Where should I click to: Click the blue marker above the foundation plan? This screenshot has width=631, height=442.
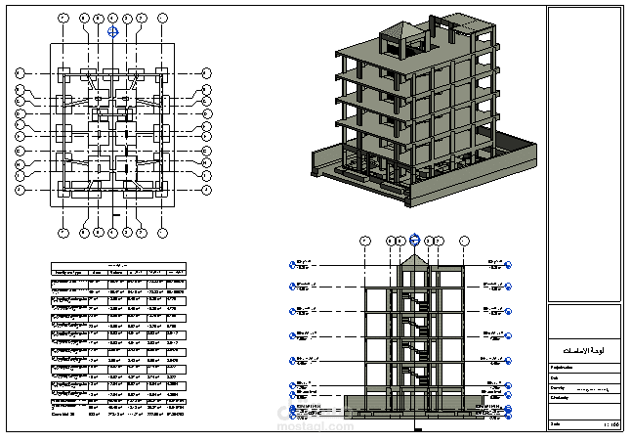click(x=113, y=31)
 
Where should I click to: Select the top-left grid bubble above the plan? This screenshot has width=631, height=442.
click(x=63, y=18)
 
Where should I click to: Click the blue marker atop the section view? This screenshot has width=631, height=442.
click(x=414, y=239)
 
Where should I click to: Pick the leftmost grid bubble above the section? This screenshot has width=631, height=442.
click(x=364, y=240)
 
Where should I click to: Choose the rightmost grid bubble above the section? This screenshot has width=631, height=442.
click(x=463, y=240)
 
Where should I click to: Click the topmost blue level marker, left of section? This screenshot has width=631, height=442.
click(x=293, y=263)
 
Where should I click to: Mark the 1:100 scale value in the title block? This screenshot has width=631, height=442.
click(x=611, y=424)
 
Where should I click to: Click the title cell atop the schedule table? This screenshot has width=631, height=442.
click(x=118, y=264)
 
